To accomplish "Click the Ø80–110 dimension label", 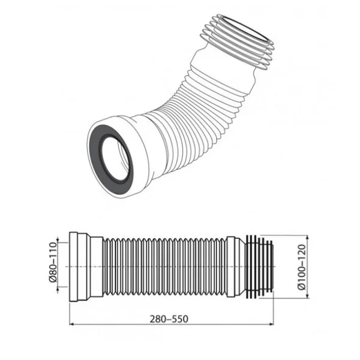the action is click(53, 262).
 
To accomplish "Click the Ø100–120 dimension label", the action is click(302, 267).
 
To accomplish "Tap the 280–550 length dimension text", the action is click(169, 319).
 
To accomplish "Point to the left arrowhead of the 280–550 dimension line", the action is click(71, 324).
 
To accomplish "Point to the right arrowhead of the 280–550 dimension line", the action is click(272, 324).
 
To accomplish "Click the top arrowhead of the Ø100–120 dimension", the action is click(307, 237).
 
